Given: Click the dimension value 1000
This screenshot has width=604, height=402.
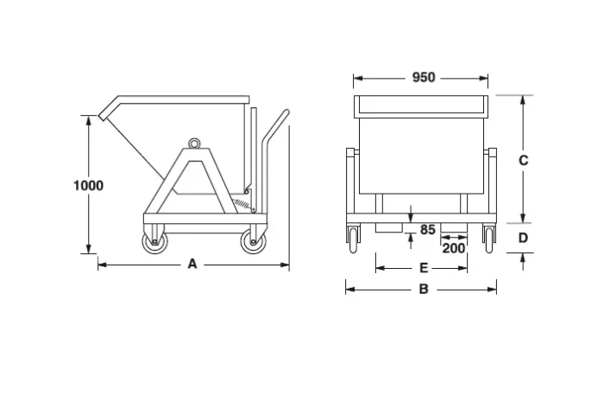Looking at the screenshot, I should click(88, 185).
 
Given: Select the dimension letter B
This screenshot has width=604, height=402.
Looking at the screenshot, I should click(423, 290).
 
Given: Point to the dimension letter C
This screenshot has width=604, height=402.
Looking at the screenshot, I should click(523, 160).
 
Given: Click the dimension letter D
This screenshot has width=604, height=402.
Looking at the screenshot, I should click(523, 237).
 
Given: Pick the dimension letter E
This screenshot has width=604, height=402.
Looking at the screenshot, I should click(423, 268).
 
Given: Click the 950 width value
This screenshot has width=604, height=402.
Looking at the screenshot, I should click(423, 78).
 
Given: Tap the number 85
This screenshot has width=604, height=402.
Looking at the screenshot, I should click(428, 230).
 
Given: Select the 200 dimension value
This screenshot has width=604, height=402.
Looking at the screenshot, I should click(455, 248).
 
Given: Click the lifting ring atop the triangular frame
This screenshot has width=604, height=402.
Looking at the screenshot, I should click(195, 143).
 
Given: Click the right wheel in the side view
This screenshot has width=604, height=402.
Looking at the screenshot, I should click(254, 241).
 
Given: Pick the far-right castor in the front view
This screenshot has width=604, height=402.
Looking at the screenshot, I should click(489, 237).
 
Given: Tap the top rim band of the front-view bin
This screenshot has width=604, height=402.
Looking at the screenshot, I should click(423, 106).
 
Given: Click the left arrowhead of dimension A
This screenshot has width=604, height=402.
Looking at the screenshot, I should click(100, 265).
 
